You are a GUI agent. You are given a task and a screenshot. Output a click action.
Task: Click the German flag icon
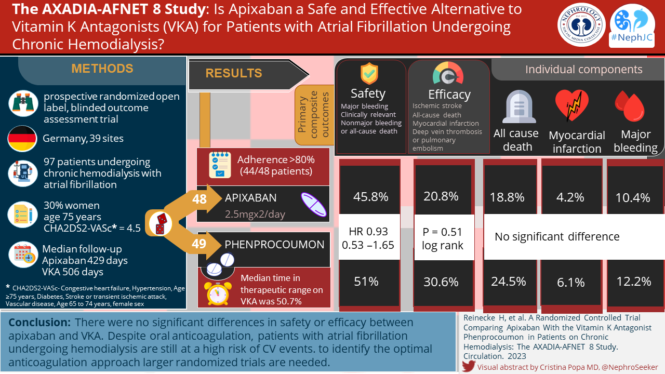22,139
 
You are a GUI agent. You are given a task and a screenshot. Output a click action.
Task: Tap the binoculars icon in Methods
22,103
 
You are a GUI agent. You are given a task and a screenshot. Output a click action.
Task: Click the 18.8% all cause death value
507,197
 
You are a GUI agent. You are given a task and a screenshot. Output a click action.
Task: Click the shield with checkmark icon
369,74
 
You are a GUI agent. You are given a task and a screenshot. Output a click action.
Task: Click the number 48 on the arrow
199,198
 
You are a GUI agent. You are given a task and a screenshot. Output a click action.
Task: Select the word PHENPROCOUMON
274,244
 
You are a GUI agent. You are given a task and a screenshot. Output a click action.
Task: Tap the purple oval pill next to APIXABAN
314,204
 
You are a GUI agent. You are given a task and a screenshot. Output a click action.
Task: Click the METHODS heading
102,69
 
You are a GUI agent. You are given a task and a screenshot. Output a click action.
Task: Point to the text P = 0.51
443,232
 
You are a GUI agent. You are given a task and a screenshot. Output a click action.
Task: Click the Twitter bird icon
469,366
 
